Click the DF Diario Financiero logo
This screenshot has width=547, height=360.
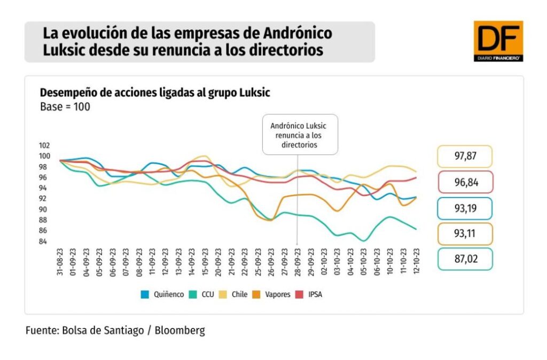[x=498, y=41]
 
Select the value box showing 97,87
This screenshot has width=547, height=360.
[x=464, y=156]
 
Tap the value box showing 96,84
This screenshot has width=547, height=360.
[x=464, y=182]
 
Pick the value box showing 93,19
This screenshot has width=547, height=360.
[x=464, y=208]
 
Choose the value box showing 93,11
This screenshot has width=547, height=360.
[x=464, y=233]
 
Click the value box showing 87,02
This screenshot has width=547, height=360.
[x=464, y=259]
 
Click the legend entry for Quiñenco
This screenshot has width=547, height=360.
[x=162, y=294]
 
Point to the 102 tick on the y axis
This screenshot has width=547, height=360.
[x=44, y=145]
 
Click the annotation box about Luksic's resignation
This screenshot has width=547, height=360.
[x=300, y=135]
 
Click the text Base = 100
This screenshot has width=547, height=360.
[x=65, y=106]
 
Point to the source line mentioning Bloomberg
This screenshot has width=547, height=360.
[x=115, y=331]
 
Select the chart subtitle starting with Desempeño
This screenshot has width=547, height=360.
[x=155, y=92]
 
